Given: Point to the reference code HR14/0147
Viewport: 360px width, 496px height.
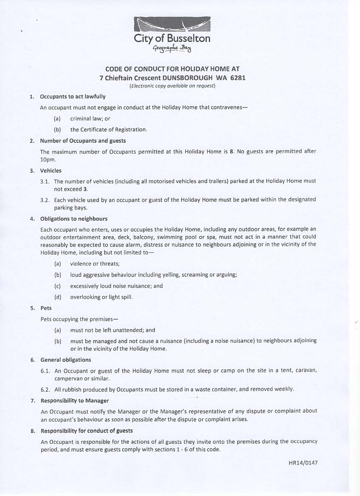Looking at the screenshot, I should (x=300, y=462).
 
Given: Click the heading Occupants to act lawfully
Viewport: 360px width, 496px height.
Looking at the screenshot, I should (x=73, y=96).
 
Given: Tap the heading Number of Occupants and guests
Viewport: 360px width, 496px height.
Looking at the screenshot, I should (x=83, y=141).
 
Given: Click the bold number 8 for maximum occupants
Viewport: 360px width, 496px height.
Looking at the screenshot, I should (x=231, y=152).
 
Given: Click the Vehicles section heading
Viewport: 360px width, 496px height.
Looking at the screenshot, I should (x=51, y=171).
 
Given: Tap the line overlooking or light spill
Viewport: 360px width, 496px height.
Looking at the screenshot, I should (x=101, y=297).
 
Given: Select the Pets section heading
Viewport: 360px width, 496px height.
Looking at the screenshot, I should (x=46, y=308).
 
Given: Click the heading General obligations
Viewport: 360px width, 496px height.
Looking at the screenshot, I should (x=66, y=360).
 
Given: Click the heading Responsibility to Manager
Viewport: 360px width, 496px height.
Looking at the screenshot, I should (x=75, y=400).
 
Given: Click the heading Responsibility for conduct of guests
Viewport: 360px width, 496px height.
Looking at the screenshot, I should (x=86, y=431).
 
